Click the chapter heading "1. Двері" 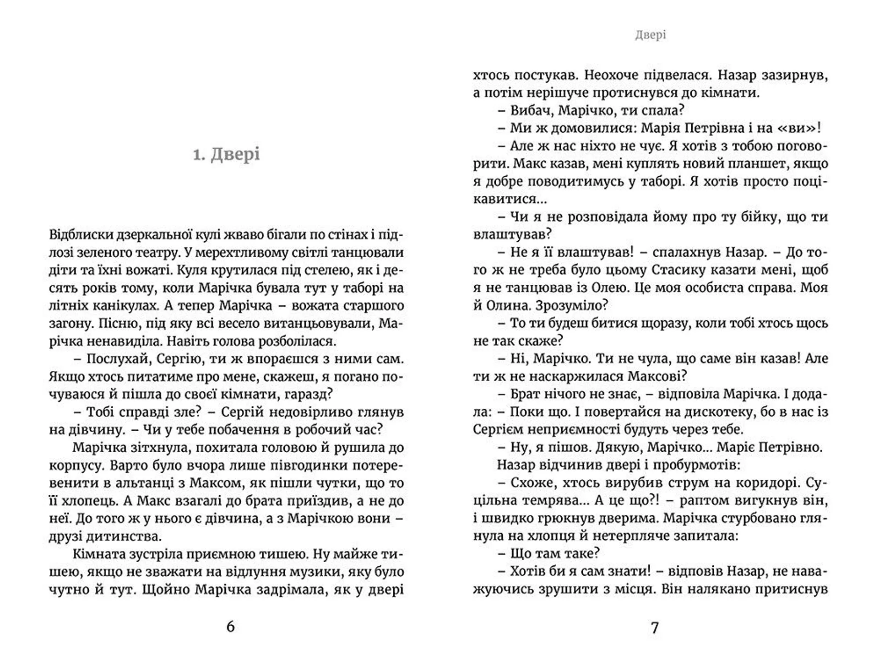pyautogui.click(x=226, y=154)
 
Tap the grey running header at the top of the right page pyautogui.click(x=650, y=35)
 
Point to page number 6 pyautogui.click(x=230, y=626)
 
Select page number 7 pyautogui.click(x=655, y=627)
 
